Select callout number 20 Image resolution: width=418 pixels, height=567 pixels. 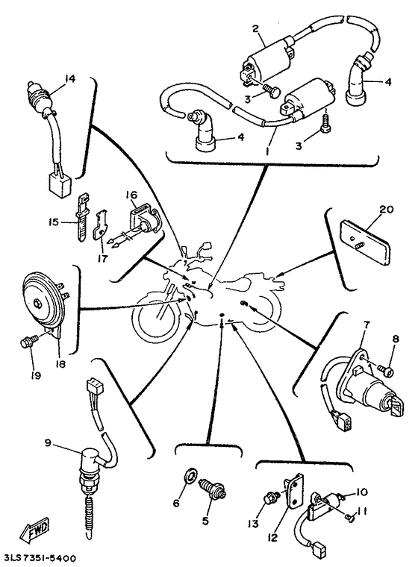386,210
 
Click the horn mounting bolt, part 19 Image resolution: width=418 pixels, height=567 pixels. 29,340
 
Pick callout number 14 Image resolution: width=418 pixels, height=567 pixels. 70,78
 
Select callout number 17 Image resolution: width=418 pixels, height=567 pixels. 102,259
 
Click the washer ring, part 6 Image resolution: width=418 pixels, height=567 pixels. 190,474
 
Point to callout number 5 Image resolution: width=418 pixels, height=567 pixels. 205,521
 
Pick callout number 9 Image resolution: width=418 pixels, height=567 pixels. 48,442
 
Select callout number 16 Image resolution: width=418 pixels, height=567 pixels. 131,195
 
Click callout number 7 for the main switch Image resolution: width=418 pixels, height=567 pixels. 365,325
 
